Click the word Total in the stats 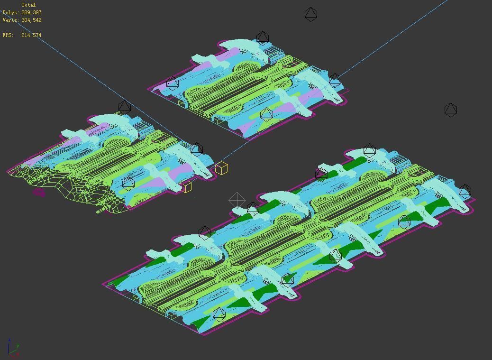click(x=28, y=5)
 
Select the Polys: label click(x=10, y=12)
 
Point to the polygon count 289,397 click(x=31, y=12)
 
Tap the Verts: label click(x=10, y=20)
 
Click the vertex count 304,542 click(x=31, y=20)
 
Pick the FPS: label click(x=8, y=35)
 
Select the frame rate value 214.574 click(x=31, y=35)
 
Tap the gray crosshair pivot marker click(x=237, y=200)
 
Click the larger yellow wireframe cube click(x=221, y=168)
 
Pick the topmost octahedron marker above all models click(x=310, y=14)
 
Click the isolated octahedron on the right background click(x=451, y=110)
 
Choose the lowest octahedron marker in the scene click(x=219, y=314)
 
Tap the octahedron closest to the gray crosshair click(x=253, y=208)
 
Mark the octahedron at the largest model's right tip click(x=465, y=191)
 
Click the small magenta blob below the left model click(x=39, y=192)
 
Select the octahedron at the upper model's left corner click(x=173, y=83)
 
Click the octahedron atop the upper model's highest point click(x=262, y=38)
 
